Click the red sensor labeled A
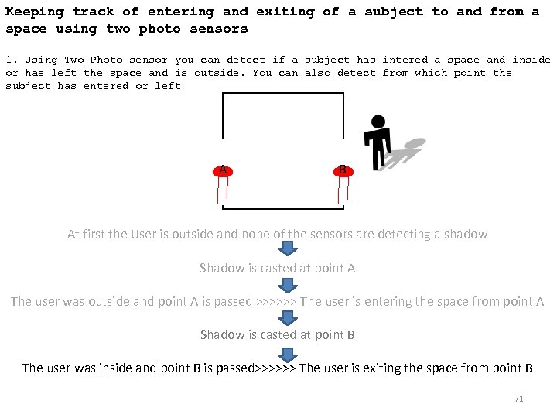pyautogui.click(x=223, y=170)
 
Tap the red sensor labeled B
pyautogui.click(x=343, y=170)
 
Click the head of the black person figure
pyautogui.click(x=378, y=122)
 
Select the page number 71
pyautogui.click(x=519, y=399)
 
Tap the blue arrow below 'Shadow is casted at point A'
pyautogui.click(x=288, y=283)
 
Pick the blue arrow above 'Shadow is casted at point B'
pyautogui.click(x=288, y=317)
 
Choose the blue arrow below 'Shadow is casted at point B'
pyautogui.click(x=288, y=352)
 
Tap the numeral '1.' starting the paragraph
pyautogui.click(x=12, y=60)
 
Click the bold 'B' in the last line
pyautogui.click(x=528, y=368)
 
